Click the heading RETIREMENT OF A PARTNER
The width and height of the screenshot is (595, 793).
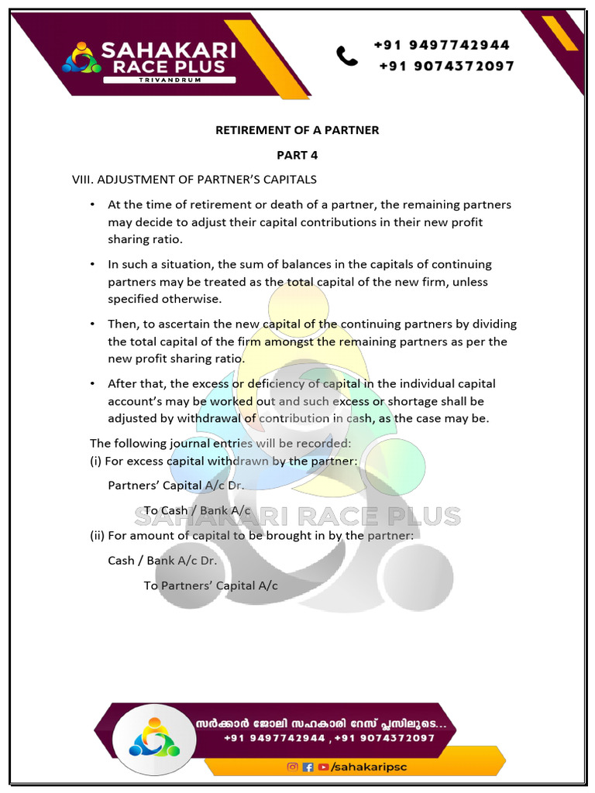tap(297, 130)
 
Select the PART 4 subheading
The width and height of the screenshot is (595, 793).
tap(297, 155)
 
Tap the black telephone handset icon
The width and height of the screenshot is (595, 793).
tap(346, 56)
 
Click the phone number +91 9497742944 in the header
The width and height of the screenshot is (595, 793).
tap(442, 45)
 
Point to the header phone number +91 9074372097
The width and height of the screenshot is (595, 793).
tap(446, 67)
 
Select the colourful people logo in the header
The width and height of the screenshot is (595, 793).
tap(81, 57)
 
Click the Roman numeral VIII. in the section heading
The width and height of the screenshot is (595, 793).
tap(82, 180)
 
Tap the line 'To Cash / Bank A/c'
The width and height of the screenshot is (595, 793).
tap(197, 510)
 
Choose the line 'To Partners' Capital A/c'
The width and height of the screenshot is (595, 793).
tap(210, 585)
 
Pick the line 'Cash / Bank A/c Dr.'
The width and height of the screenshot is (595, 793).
tap(162, 560)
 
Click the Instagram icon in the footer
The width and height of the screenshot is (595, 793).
tap(292, 767)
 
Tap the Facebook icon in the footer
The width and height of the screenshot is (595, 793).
tap(308, 767)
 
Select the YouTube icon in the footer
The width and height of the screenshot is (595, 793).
tap(322, 767)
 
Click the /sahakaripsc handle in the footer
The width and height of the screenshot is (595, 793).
tap(368, 767)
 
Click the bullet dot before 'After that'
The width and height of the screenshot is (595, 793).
tap(92, 384)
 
